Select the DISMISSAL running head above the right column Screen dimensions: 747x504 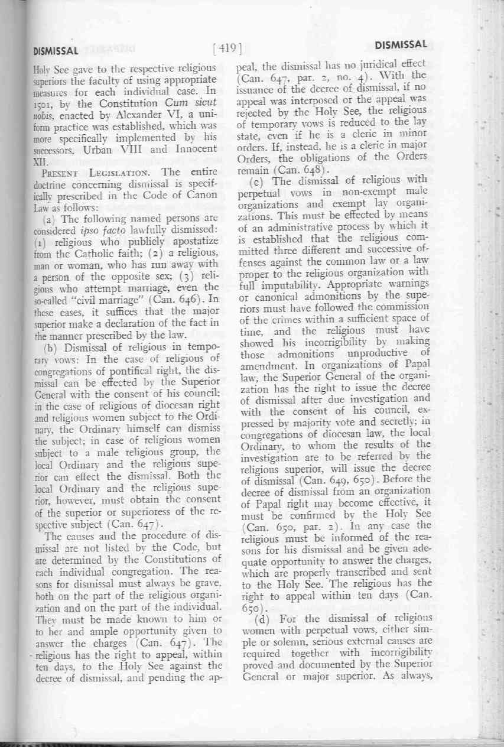click(401, 45)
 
